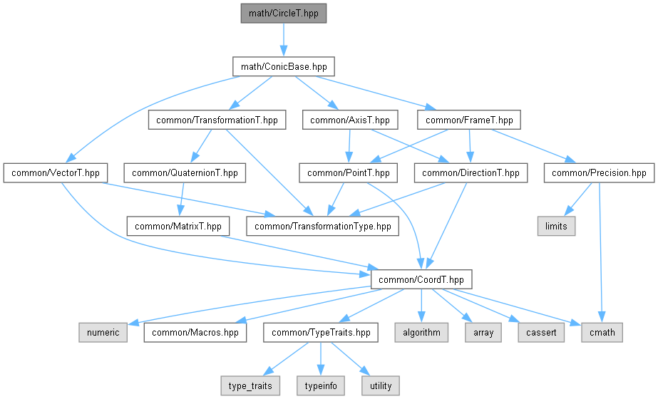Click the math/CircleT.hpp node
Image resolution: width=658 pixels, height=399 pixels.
(284, 14)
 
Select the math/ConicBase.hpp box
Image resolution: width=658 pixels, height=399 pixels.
(284, 66)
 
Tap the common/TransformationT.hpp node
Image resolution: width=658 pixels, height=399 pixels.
(217, 120)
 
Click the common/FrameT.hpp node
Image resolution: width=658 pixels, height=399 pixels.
(469, 120)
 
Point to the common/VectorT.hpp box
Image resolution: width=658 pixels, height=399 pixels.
(55, 172)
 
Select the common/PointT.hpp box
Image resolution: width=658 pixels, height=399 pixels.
(348, 172)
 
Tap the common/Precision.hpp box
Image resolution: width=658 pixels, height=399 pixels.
(599, 172)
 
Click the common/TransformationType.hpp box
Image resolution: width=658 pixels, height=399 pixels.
(322, 226)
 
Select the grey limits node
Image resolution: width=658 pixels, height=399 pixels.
(555, 226)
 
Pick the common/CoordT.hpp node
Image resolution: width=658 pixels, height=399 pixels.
(421, 279)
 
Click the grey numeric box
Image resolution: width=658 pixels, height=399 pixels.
(103, 332)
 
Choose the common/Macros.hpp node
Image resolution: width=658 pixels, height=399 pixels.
(195, 332)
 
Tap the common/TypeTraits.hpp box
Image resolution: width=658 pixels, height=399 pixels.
(320, 332)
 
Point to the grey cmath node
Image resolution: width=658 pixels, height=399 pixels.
(602, 332)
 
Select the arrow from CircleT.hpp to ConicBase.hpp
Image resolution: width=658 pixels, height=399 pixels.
(284, 40)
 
